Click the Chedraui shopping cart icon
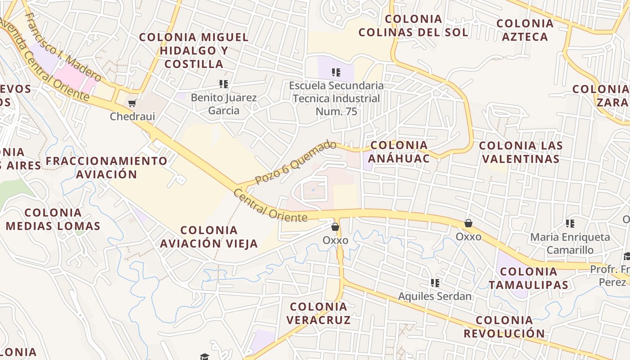(x=132, y=103)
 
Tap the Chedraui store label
(x=132, y=117)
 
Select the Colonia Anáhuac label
(x=399, y=152)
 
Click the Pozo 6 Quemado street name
(x=296, y=162)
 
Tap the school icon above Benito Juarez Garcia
(x=224, y=84)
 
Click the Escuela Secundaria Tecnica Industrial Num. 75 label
(x=337, y=98)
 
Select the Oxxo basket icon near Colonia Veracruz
(x=335, y=227)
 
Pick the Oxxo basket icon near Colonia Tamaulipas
(x=468, y=223)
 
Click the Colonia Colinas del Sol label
(x=413, y=26)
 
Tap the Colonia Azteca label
(x=525, y=30)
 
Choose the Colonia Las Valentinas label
(x=521, y=152)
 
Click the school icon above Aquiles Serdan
(x=435, y=283)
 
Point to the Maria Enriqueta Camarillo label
(x=570, y=243)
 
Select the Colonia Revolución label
(x=504, y=327)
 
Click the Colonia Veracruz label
(x=319, y=313)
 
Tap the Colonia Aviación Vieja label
(x=209, y=237)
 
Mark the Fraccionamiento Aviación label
(x=107, y=167)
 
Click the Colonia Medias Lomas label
(x=53, y=219)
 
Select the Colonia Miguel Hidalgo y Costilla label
(x=194, y=50)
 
